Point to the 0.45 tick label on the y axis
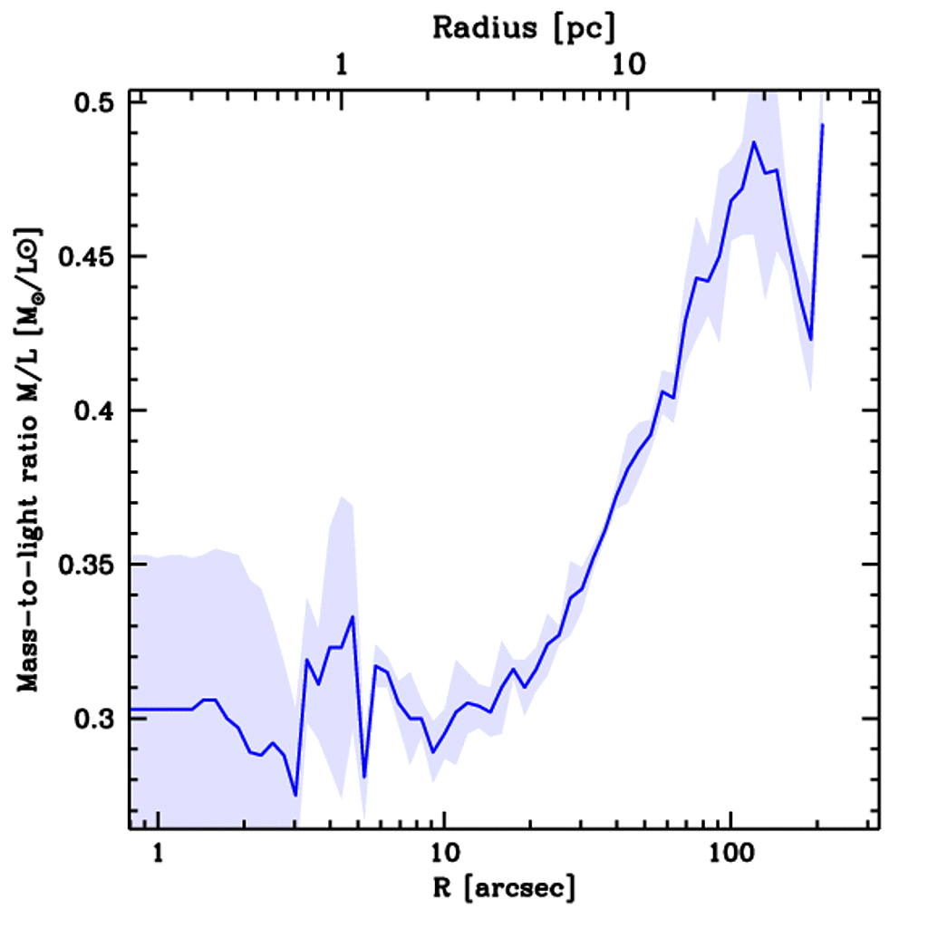click(89, 256)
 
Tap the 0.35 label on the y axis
click(89, 565)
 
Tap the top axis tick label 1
click(342, 65)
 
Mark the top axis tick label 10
click(627, 65)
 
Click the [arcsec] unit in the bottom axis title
click(524, 888)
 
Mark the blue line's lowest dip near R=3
click(295, 795)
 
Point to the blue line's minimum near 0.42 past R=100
click(811, 340)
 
